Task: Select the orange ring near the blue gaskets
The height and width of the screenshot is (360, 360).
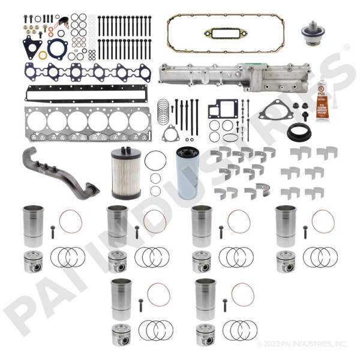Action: point(43,55)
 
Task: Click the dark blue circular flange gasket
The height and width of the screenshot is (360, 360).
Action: point(58,47)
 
